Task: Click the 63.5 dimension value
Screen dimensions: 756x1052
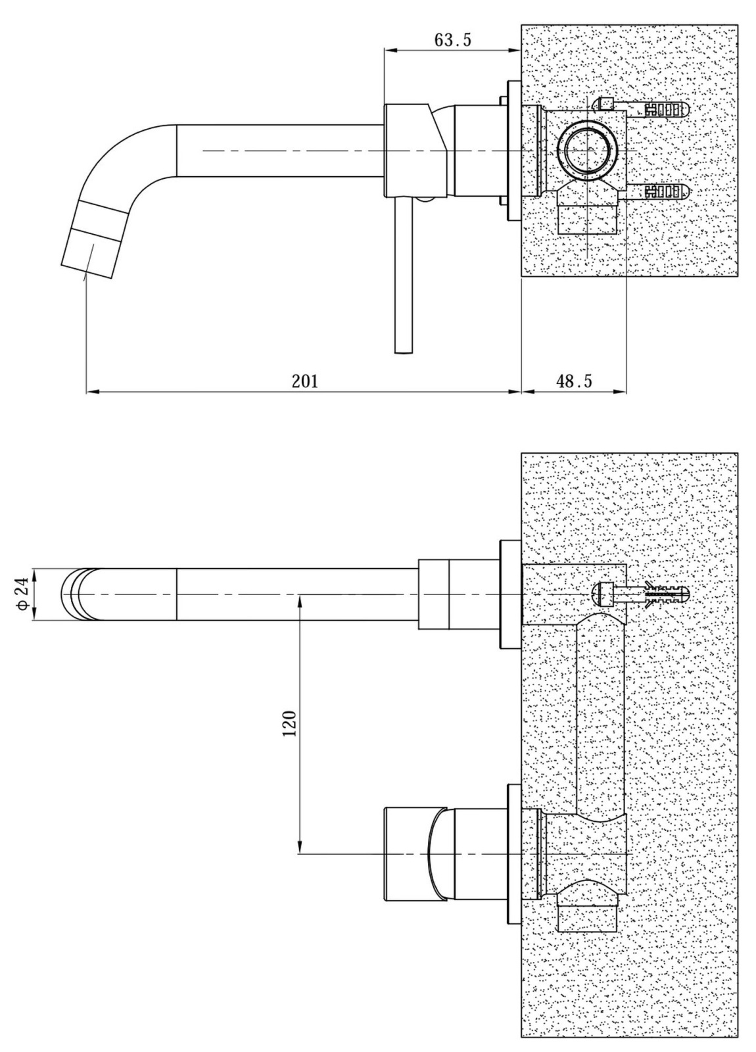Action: (x=452, y=40)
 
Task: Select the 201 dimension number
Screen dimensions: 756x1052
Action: (x=305, y=381)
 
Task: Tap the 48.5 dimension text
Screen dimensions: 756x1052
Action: (x=574, y=381)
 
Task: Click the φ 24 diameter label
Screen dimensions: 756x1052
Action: (x=24, y=594)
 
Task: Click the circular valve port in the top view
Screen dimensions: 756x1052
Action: (x=587, y=151)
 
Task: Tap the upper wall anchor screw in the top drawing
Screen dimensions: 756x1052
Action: (x=641, y=110)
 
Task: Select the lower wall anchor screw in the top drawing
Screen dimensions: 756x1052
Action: (x=657, y=191)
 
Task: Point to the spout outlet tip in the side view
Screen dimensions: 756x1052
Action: (x=88, y=258)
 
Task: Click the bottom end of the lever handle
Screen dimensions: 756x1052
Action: (x=404, y=352)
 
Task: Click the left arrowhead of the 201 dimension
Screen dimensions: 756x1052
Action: (x=92, y=391)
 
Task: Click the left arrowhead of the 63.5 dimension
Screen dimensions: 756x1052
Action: (x=390, y=48)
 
